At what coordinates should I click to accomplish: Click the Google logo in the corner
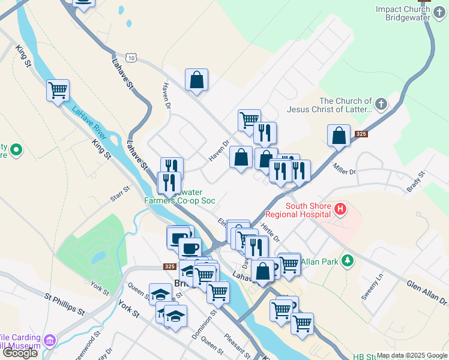coord(20,353)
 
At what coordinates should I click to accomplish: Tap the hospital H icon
coord(340,209)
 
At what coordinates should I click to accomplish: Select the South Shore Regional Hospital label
coord(308,210)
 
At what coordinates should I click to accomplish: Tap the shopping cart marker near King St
coord(58,91)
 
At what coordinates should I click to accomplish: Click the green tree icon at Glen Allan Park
coord(347,261)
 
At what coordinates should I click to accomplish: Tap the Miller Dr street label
coord(345,171)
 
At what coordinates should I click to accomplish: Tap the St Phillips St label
coord(64,303)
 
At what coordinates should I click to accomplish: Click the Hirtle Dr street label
coord(270,233)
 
